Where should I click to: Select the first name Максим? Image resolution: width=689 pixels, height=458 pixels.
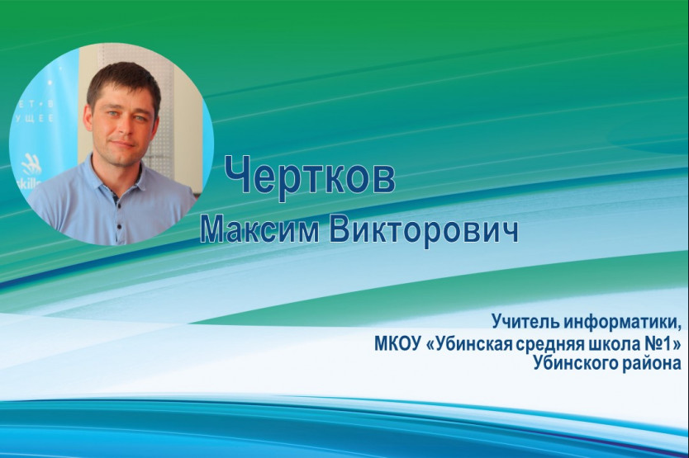[x=259, y=229]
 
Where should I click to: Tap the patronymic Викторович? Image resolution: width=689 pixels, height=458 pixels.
[x=424, y=231]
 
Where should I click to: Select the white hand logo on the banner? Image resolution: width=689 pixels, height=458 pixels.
[x=31, y=165]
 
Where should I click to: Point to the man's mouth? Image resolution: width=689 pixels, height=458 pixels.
[x=122, y=144]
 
